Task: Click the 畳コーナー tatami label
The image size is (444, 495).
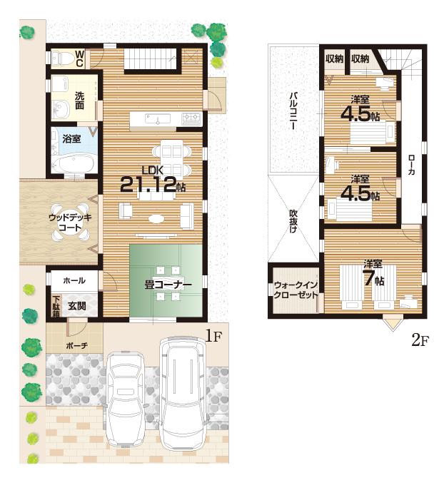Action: tap(168, 285)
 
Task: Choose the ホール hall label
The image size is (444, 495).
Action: tap(74, 280)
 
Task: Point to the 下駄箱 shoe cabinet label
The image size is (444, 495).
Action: tap(56, 305)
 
